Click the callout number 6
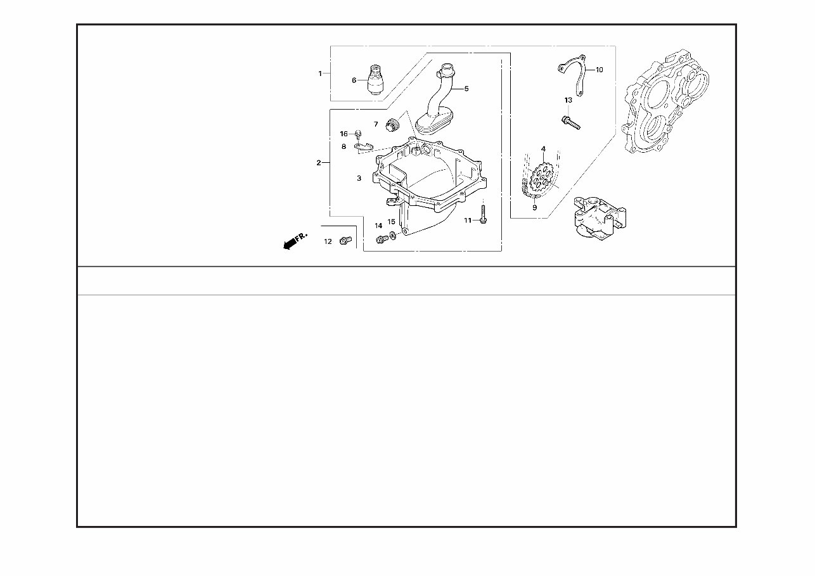pos(354,80)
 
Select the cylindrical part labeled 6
pos(376,80)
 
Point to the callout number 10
pos(600,70)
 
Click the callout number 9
pos(534,207)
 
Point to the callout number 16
pos(343,134)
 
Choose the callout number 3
pos(359,179)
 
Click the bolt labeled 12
pos(345,240)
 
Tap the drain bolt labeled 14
pos(382,238)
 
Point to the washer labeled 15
pos(394,236)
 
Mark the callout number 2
pos(319,163)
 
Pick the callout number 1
pos(320,74)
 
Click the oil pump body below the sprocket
pos(596,219)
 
